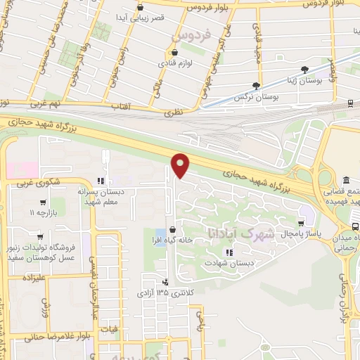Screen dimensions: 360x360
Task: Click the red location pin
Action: (181, 165)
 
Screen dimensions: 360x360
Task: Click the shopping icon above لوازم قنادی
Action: (173, 53)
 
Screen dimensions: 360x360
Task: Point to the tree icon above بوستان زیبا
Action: (304, 70)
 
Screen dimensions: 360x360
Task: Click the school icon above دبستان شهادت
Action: (229, 251)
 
